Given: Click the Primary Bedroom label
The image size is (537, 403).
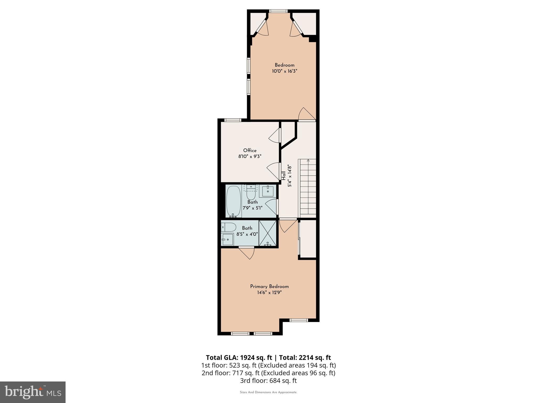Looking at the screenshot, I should (x=269, y=287).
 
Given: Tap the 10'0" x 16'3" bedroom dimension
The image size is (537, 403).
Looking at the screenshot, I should (x=284, y=71).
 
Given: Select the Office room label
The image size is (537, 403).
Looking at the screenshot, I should (x=250, y=150).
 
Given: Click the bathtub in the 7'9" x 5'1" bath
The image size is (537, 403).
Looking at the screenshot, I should (x=233, y=201).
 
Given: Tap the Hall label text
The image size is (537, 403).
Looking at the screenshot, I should (x=283, y=176).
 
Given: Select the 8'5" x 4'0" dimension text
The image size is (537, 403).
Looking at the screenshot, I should (x=247, y=234).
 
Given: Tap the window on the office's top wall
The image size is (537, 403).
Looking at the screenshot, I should (x=233, y=120).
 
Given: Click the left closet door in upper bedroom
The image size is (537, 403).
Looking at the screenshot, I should (x=262, y=28).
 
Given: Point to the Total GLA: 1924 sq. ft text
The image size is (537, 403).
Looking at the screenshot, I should (x=239, y=358).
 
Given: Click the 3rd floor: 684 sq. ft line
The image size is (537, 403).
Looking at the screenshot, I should (x=268, y=380).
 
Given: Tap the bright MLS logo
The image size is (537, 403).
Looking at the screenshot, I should (x=33, y=392).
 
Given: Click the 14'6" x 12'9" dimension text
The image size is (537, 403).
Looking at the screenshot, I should (x=269, y=293).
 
